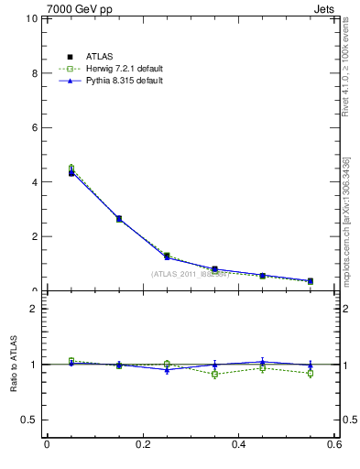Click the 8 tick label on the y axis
coord(35,73)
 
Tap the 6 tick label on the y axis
coord(35,127)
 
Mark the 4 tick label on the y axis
coord(35,182)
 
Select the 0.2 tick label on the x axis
coord(142,444)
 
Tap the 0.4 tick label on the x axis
coord(238,444)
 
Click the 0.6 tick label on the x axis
coord(333,444)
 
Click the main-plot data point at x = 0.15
coord(118,219)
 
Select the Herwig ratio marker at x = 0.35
coord(214,374)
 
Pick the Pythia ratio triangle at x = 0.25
coord(167,369)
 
